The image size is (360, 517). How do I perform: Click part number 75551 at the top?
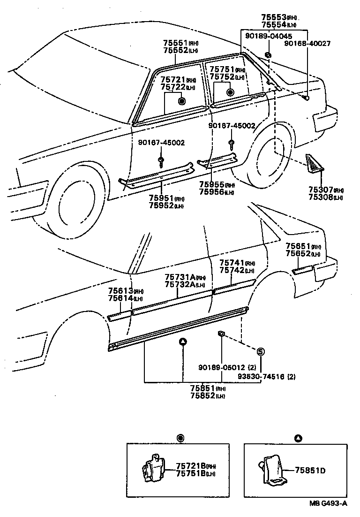click(x=175, y=43)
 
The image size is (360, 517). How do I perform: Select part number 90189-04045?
click(x=268, y=37)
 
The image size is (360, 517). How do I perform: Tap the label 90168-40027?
click(x=307, y=44)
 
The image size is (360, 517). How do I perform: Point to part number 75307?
click(x=320, y=190)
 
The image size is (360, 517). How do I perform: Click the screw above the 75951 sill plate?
click(x=161, y=161)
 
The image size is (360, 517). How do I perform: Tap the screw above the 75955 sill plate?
click(x=231, y=142)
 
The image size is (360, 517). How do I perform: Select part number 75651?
click(x=297, y=247)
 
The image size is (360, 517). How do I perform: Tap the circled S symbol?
click(x=261, y=352)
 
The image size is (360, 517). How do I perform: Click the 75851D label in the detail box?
click(x=310, y=470)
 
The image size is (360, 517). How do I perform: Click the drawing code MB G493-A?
click(x=328, y=504)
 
